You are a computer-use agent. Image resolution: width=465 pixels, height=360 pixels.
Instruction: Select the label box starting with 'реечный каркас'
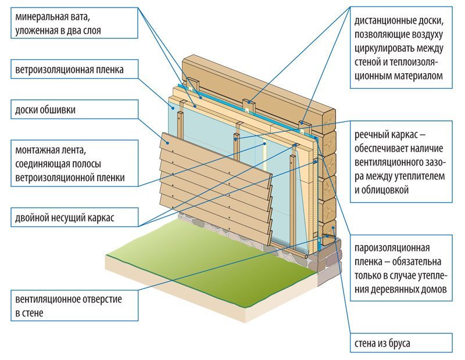(x=401, y=162)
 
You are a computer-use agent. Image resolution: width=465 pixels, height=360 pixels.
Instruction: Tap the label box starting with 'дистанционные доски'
(x=401, y=48)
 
